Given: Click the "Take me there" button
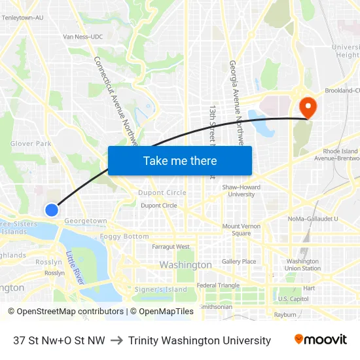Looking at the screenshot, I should (180, 160).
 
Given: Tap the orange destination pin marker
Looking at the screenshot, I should (306, 106).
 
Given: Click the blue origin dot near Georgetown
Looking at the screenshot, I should (52, 209).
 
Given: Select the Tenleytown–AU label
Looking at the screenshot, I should (22, 18).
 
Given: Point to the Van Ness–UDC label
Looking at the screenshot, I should (83, 37).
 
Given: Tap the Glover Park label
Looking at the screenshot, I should (31, 143).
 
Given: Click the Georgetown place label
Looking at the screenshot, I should (86, 221).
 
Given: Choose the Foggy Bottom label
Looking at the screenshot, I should (124, 236).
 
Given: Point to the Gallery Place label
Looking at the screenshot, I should (239, 261).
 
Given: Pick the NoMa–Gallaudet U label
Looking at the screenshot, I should (313, 219).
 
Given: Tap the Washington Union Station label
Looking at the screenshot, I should (303, 264).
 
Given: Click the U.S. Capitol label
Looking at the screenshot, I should (293, 298).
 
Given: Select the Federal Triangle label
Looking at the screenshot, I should (219, 285).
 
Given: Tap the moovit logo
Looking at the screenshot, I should (320, 340).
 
